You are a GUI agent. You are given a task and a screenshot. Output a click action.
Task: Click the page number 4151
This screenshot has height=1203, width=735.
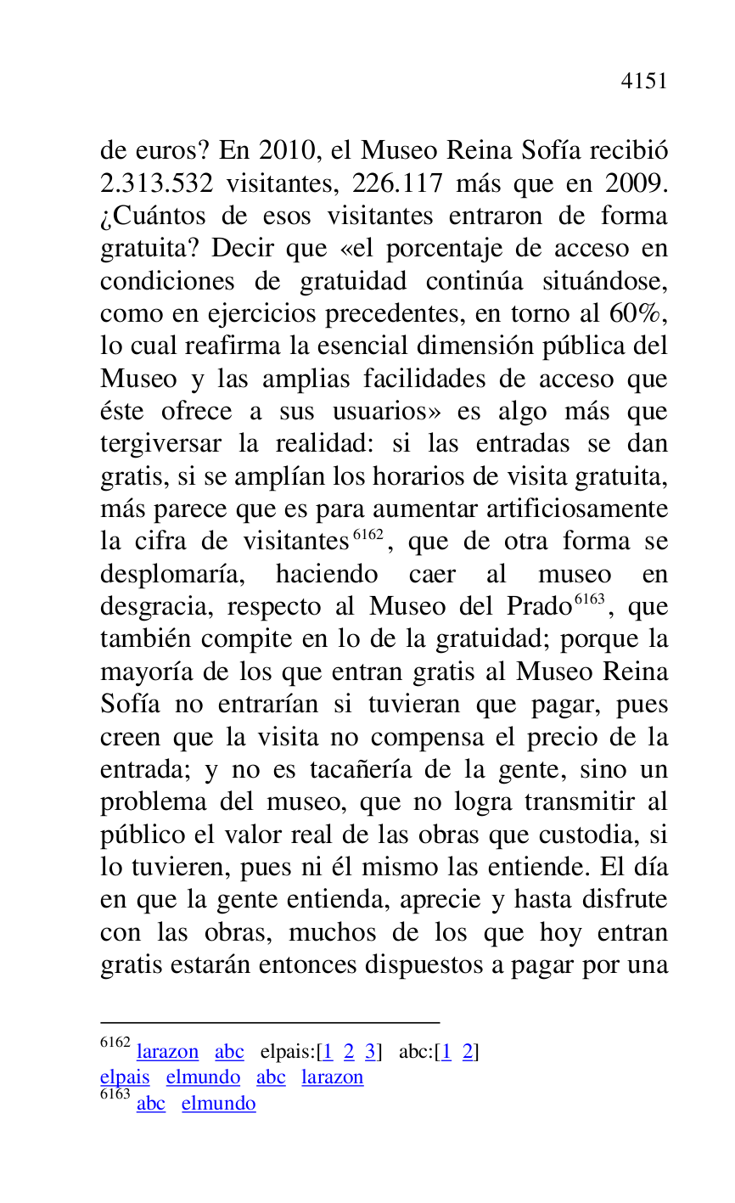(644, 82)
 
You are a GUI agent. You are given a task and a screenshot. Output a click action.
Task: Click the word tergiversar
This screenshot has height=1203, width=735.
(161, 444)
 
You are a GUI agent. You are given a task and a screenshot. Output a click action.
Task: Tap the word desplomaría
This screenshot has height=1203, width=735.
(172, 575)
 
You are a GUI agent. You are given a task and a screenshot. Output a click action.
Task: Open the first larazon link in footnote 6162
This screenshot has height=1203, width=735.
(167, 1052)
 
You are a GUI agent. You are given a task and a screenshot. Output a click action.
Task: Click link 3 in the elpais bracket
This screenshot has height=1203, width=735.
(370, 1052)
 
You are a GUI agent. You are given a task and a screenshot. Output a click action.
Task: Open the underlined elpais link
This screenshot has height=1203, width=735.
(125, 1077)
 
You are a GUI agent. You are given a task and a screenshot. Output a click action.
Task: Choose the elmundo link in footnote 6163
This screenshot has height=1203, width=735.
(218, 1104)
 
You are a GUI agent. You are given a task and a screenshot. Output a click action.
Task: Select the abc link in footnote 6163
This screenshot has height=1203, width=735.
(151, 1104)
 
